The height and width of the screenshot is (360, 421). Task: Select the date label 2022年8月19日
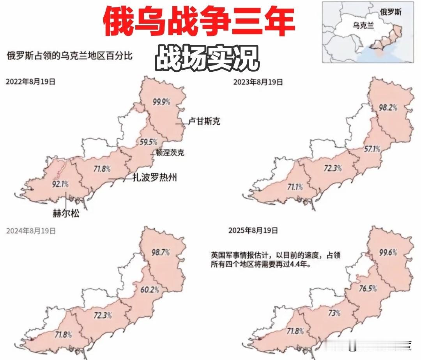tap(30, 82)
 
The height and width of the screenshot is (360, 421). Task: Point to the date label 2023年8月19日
tap(258, 82)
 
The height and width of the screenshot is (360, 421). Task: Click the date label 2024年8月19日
tap(31, 231)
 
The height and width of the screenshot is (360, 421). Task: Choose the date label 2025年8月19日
tap(253, 231)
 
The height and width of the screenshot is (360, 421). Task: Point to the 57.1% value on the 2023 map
tap(371, 149)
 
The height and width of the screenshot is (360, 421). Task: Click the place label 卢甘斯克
tap(204, 122)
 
